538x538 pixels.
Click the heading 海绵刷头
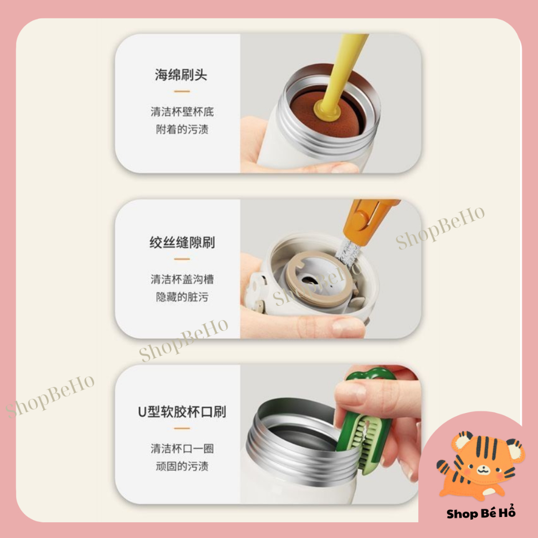click(x=181, y=75)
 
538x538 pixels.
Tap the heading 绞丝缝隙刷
click(x=182, y=242)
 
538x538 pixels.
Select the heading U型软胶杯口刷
click(x=182, y=412)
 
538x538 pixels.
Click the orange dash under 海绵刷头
click(x=182, y=91)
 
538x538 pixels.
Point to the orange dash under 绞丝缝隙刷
click(x=182, y=259)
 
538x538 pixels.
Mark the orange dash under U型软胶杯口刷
click(x=182, y=428)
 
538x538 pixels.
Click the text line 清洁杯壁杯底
click(x=182, y=111)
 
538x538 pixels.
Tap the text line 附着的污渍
click(x=182, y=129)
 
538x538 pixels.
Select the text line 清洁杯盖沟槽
click(x=182, y=279)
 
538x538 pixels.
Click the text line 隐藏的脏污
click(x=182, y=297)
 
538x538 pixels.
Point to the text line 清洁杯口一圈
click(x=182, y=449)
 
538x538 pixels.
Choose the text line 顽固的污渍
click(x=182, y=467)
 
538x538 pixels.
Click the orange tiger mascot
click(x=480, y=465)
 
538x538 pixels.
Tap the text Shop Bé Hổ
click(x=481, y=512)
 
